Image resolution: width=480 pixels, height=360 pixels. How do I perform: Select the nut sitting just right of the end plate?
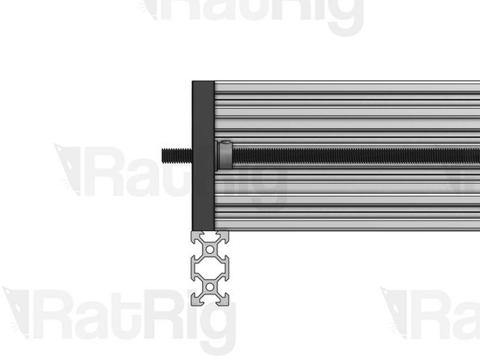coord(225,154)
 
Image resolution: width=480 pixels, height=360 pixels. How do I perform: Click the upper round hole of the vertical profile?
coord(212,247)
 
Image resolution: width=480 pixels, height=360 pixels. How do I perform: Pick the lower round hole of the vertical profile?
coord(212,287)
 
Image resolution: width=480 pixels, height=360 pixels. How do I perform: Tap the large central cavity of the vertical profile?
coord(212,268)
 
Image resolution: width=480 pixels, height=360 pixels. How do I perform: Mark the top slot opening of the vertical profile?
coord(212,235)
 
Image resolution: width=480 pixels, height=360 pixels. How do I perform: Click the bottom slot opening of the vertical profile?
coord(212,300)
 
